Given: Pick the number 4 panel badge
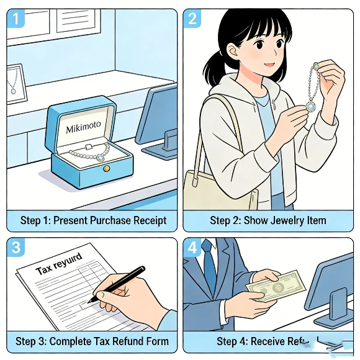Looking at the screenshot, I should [x=192, y=248].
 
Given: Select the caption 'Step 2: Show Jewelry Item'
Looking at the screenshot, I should [x=268, y=220].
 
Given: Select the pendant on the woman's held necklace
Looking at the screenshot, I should [x=310, y=106].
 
